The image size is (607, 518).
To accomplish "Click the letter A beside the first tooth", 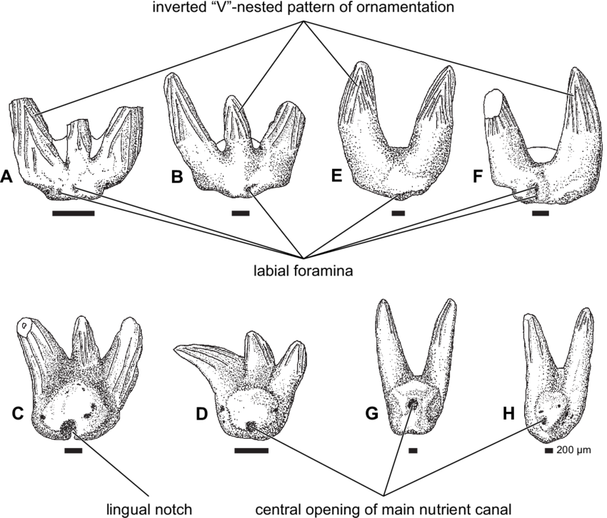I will point(6,176).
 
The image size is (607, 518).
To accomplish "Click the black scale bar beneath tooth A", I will point(73,213).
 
